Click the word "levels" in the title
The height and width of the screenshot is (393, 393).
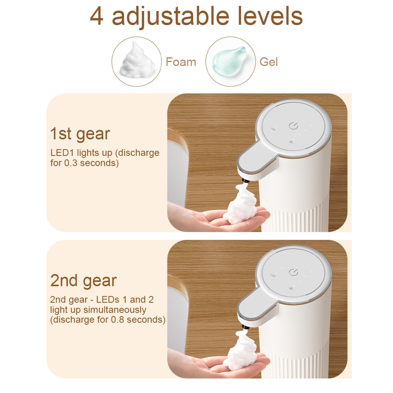[x=267, y=16]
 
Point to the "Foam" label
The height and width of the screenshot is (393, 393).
[x=181, y=62]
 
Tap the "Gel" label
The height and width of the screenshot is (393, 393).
[x=269, y=62]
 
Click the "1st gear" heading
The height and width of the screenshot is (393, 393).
[x=80, y=134]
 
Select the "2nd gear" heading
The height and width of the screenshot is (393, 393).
[x=83, y=281]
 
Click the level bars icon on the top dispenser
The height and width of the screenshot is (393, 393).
[x=273, y=128]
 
